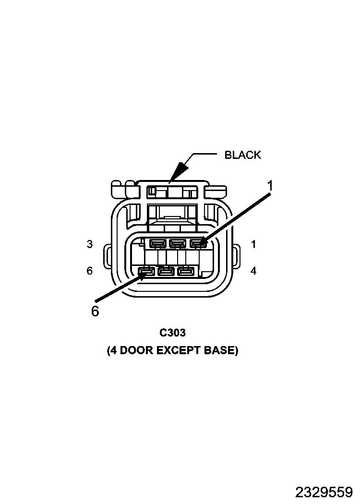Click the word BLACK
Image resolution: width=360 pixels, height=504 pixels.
click(243, 155)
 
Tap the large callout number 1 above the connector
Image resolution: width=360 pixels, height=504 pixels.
click(270, 186)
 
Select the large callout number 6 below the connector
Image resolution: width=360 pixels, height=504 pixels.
click(95, 311)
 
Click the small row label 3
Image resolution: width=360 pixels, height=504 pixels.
click(90, 244)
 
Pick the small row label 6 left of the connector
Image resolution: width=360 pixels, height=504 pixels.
click(90, 271)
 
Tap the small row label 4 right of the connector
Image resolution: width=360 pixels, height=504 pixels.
click(253, 271)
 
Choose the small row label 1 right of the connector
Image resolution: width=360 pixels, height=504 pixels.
click(253, 244)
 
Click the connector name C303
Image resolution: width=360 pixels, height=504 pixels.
click(173, 333)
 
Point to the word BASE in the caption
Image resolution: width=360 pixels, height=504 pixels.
click(219, 350)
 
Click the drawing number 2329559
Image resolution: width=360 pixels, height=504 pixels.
click(324, 492)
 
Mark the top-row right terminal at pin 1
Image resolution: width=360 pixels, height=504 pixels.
click(198, 244)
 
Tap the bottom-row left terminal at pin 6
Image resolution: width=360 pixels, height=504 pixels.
click(146, 272)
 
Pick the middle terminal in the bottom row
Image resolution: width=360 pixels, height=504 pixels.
click(166, 272)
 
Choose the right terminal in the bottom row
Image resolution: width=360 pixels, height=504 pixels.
click(185, 272)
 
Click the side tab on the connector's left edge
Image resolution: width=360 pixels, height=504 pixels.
click(108, 257)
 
